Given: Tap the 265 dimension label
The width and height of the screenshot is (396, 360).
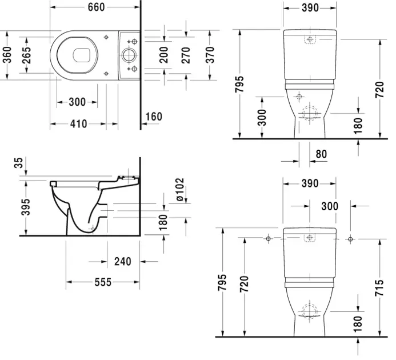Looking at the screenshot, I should [x=27, y=55].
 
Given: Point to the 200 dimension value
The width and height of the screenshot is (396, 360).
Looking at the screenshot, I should [x=164, y=55].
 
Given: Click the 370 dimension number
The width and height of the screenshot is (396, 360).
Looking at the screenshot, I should [x=210, y=55].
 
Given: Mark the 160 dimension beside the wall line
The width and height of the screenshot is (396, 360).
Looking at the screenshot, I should [x=154, y=117].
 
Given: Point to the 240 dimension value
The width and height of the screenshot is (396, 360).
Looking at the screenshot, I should [x=122, y=261].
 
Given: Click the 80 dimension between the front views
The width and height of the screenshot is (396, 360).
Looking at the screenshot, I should [x=322, y=153].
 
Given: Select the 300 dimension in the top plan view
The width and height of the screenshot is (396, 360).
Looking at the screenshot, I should [x=77, y=102].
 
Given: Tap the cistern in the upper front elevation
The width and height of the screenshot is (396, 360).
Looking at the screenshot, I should [x=309, y=43].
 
